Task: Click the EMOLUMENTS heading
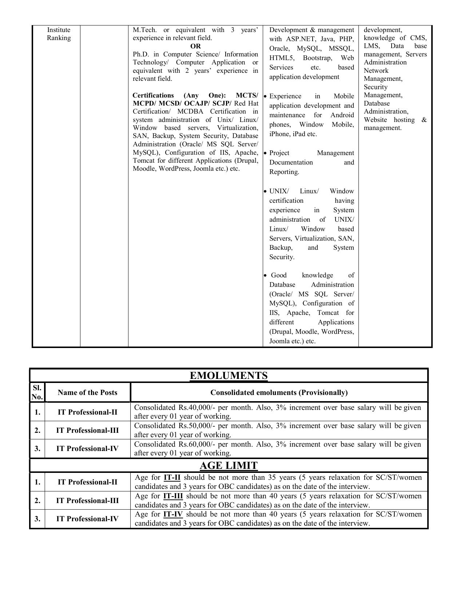tap(229, 376)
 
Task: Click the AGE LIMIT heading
tap(229, 466)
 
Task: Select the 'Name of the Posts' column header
tap(87, 392)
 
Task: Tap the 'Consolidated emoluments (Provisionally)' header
tap(279, 392)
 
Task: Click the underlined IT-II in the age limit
tap(172, 478)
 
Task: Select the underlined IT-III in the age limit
tap(173, 496)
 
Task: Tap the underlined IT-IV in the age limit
tap(173, 514)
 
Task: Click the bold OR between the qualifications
tap(195, 46)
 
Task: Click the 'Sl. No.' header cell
tap(37, 392)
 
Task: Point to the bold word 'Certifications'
tap(153, 95)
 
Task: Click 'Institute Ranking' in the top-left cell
tap(59, 34)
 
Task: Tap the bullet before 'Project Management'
tap(265, 153)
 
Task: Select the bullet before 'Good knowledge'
tap(265, 276)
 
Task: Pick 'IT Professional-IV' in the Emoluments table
tap(87, 448)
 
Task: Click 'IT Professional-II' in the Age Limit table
tap(87, 482)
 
